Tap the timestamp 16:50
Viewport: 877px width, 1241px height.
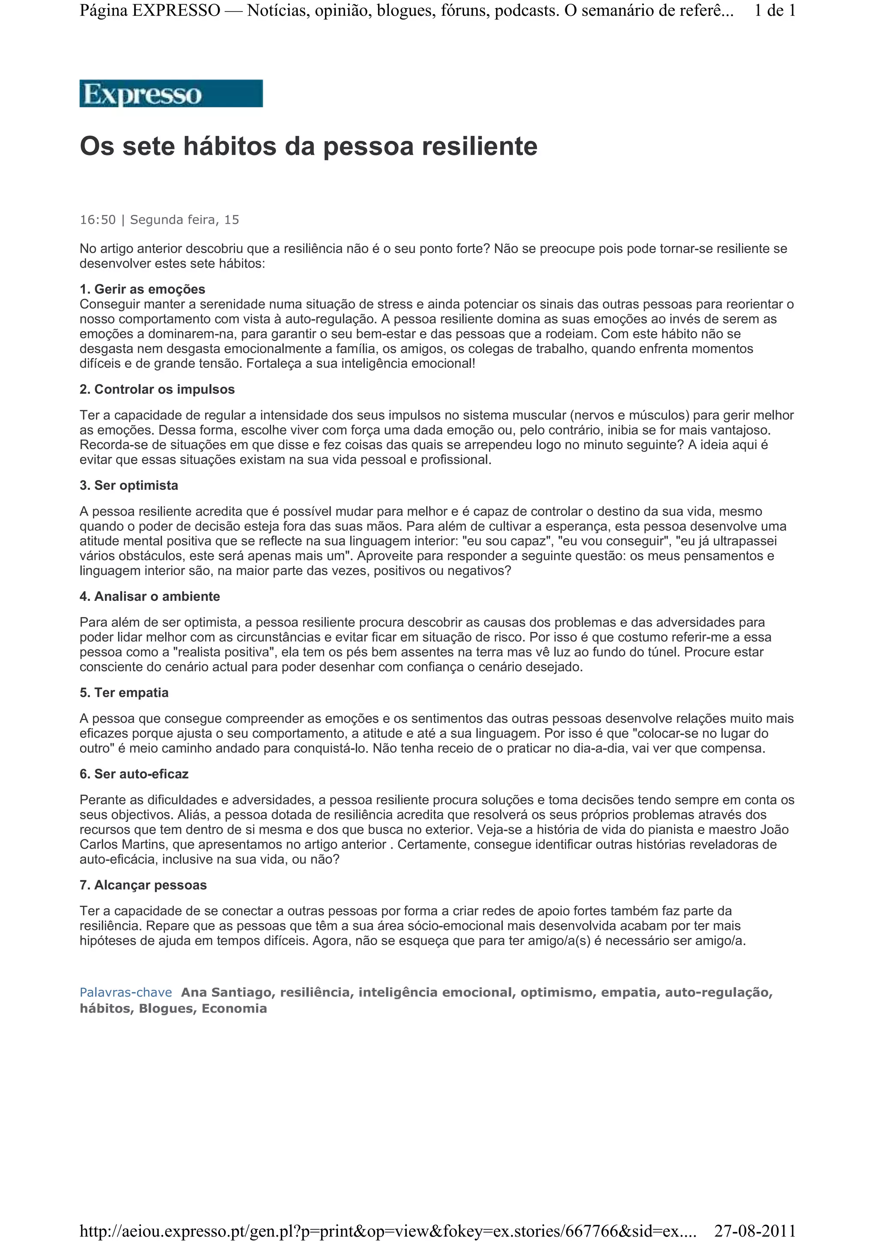tap(98, 220)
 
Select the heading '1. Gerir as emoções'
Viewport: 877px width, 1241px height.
tap(142, 289)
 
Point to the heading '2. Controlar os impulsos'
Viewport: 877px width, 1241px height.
tap(157, 390)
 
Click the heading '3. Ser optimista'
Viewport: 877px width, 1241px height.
tap(128, 485)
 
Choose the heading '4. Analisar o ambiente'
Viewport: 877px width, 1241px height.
tap(150, 597)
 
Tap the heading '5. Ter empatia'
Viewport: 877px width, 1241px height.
tap(124, 693)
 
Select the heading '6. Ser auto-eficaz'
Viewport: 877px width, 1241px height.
tap(134, 774)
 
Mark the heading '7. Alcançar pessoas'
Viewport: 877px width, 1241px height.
tap(143, 885)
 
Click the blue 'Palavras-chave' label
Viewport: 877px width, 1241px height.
tap(125, 992)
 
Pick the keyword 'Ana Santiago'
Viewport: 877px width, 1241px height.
tap(227, 992)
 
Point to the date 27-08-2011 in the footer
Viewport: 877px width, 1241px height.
tap(755, 1231)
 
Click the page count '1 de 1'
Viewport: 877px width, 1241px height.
tap(774, 11)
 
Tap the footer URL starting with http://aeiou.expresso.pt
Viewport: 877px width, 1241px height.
tap(387, 1231)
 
